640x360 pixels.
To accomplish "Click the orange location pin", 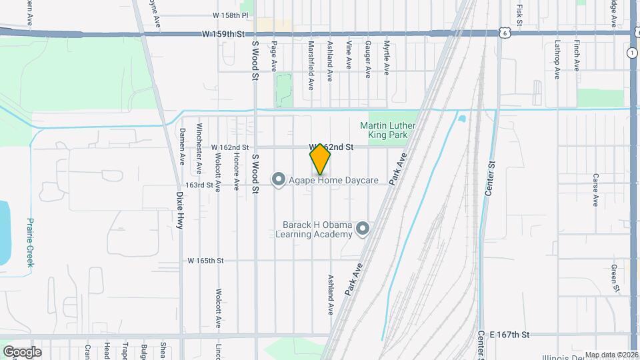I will (320, 158).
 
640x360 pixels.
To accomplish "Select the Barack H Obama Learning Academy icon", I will (363, 229).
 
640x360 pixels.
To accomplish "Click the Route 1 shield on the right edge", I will (631, 53).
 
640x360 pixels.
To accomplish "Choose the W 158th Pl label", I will (230, 15).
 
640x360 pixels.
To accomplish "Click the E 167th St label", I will (509, 334).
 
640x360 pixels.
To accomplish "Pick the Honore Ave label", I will (236, 173).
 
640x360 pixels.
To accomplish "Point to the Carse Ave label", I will (595, 190).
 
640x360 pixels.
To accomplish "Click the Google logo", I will (21, 351).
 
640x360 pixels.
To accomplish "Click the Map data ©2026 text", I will (611, 355).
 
